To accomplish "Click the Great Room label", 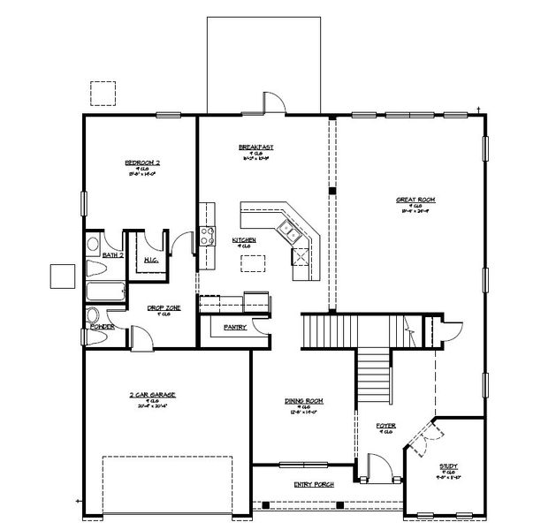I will [414, 200].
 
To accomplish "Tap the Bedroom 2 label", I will [141, 163].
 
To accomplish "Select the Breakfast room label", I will [255, 147].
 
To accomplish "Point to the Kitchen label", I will [244, 239].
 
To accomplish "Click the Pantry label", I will [234, 327].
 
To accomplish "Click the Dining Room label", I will [301, 400].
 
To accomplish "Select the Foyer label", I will [385, 426].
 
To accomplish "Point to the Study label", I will [448, 466].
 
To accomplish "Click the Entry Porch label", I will [310, 485].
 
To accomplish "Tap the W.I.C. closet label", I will [150, 260].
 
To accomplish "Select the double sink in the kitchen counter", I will [289, 232].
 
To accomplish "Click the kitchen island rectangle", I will [253, 263].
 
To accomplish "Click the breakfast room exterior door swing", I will [274, 102].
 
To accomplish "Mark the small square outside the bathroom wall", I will [62, 276].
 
